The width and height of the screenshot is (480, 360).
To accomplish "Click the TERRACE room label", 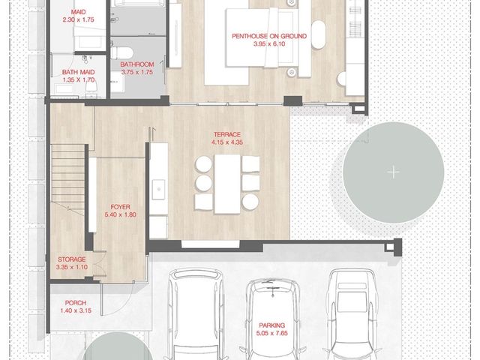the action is click(x=227, y=134).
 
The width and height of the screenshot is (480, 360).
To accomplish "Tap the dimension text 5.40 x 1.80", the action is click(x=120, y=214).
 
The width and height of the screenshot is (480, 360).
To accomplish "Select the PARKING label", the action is click(x=271, y=325).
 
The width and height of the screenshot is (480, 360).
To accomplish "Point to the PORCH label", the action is click(x=76, y=303).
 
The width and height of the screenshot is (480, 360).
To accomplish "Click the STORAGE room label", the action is click(x=72, y=259).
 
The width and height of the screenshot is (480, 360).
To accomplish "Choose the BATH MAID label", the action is click(x=78, y=72).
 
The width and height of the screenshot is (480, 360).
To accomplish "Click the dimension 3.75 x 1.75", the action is click(x=136, y=72).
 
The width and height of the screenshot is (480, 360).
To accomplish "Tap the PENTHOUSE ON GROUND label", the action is click(x=269, y=36).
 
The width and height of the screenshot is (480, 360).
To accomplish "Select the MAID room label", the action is click(x=78, y=12).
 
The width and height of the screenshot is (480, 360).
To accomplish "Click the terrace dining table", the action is click(x=227, y=184).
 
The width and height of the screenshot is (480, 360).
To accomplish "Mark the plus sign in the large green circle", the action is click(x=393, y=172).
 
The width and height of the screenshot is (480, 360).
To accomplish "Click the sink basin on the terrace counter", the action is click(x=158, y=190).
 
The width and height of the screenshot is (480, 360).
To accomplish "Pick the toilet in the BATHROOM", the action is click(x=121, y=53).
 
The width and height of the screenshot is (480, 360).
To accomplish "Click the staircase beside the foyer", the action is click(x=67, y=177).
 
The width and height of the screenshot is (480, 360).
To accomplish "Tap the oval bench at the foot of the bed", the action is click(x=318, y=34).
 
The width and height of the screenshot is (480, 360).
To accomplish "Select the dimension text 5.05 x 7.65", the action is click(x=271, y=333).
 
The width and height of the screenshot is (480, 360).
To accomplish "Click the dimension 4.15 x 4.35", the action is click(x=227, y=142).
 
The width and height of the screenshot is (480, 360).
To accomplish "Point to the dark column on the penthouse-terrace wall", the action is click(x=292, y=100).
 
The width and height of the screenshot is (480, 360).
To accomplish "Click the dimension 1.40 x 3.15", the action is click(x=76, y=310).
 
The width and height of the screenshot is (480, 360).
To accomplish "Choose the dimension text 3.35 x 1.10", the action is click(x=72, y=267).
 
